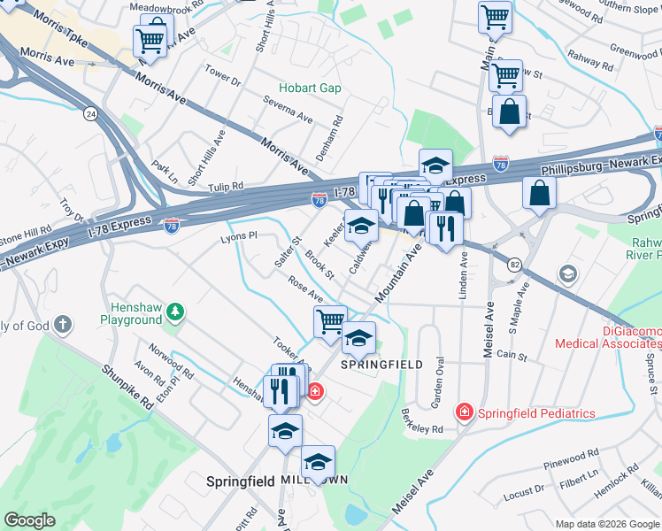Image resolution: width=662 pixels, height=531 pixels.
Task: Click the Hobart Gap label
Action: [x=310, y=88]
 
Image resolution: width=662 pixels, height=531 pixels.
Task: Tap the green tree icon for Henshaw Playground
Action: [x=176, y=311]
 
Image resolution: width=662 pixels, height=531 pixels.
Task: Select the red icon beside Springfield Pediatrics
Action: [x=463, y=412]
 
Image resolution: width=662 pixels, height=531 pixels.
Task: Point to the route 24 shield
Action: [x=90, y=113]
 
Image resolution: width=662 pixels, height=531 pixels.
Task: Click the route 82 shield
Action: [x=514, y=264]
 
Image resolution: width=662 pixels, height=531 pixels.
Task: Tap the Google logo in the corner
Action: [x=30, y=520]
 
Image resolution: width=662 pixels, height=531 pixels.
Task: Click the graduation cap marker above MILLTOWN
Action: [x=318, y=461]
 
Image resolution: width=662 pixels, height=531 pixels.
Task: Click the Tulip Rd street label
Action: [x=226, y=187]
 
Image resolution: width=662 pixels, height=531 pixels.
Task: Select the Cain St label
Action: [x=512, y=356]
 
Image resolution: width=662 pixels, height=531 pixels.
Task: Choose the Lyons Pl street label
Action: [x=238, y=236]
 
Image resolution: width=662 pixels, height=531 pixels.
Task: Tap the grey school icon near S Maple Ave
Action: [x=566, y=274]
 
